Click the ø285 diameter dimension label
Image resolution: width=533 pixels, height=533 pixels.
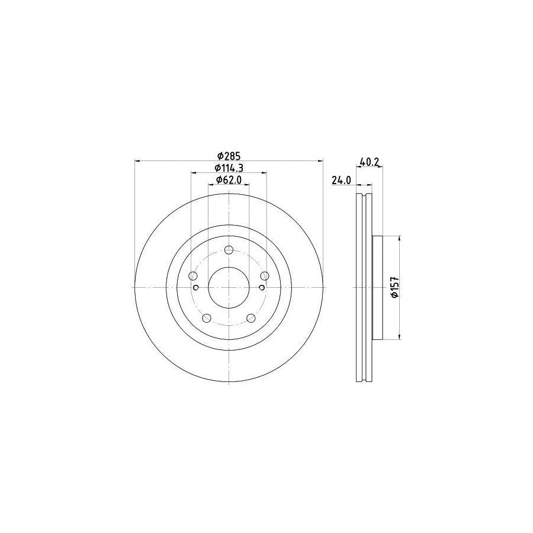coord(228,156)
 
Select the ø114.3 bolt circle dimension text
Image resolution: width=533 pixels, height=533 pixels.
coord(228,168)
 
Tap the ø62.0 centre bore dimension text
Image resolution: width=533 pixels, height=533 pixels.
coord(228,180)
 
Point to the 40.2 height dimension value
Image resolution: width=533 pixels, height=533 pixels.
coord(368,160)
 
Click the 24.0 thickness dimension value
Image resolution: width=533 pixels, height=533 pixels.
coord(342,181)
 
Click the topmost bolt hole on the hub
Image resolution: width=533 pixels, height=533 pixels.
coord(229,249)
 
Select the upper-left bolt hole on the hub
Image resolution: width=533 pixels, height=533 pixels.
coord(192,276)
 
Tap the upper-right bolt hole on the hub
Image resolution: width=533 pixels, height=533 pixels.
coord(265,276)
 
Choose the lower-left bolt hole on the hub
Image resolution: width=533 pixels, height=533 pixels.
coord(206,318)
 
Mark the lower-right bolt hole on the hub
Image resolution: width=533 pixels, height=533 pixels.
coord(251,318)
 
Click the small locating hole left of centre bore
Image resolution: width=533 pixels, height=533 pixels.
coord(195,287)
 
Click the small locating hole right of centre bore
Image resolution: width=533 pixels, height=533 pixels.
coord(262,287)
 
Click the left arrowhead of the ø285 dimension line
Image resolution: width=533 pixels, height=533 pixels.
coord(139,160)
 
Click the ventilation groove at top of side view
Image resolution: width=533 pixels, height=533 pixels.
coord(364,197)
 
